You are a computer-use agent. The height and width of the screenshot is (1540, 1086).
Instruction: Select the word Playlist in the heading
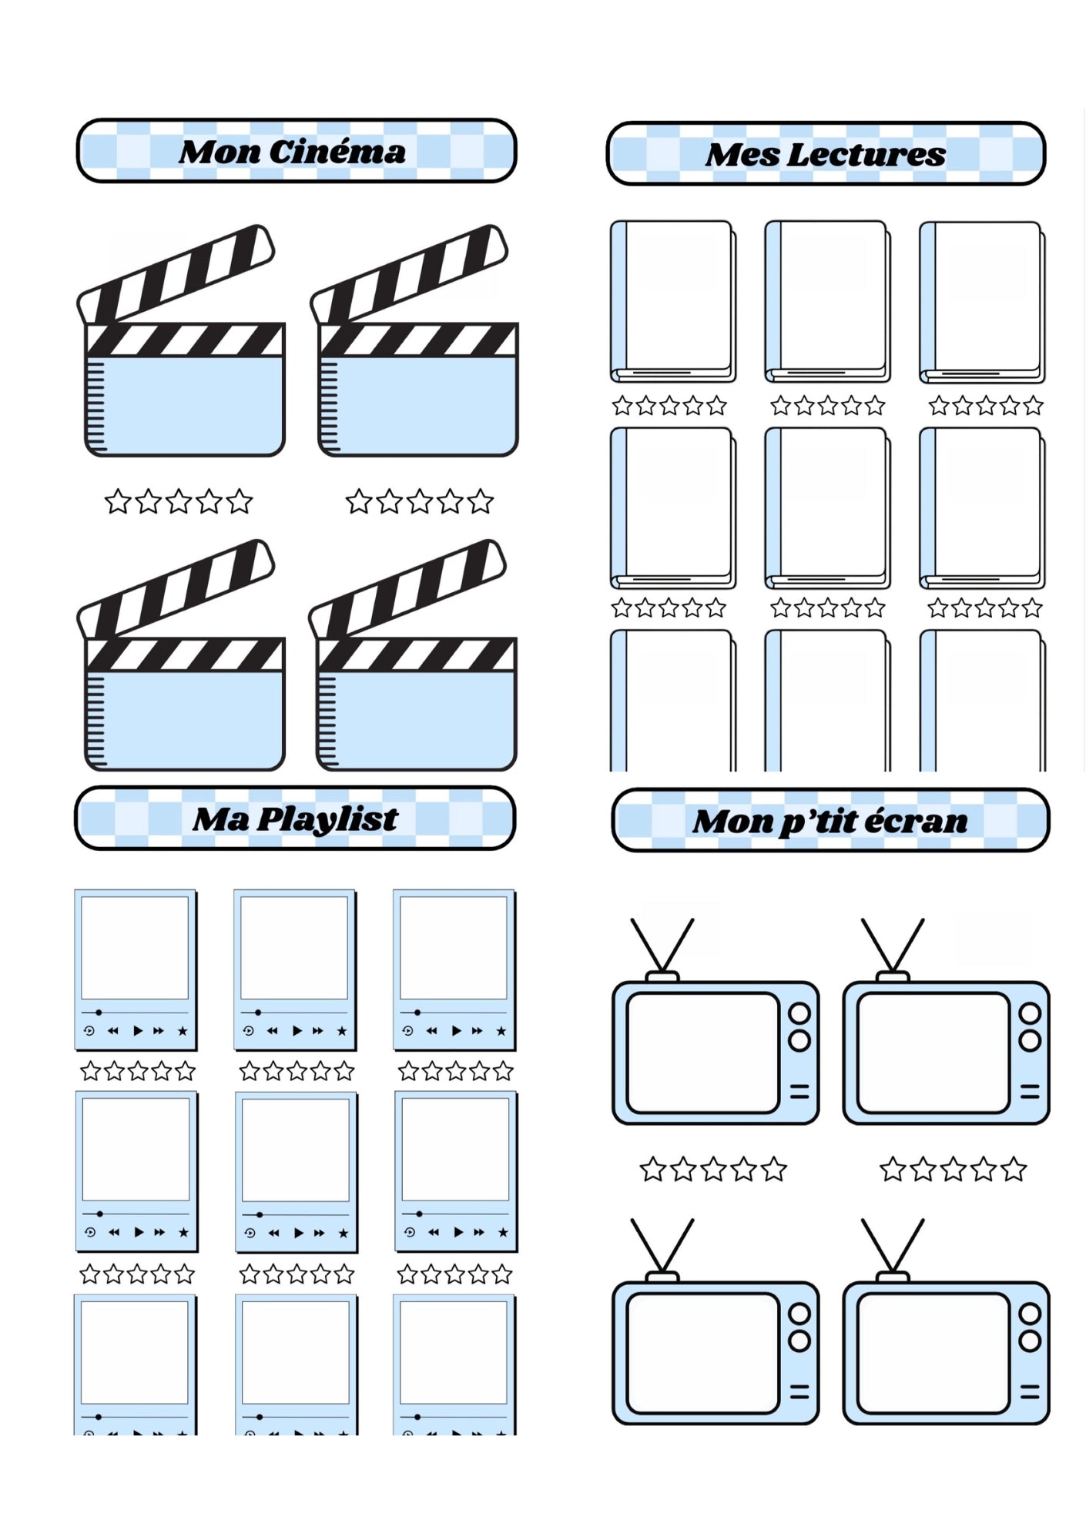[327, 820]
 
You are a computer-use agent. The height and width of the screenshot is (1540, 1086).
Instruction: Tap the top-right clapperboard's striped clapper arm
[409, 273]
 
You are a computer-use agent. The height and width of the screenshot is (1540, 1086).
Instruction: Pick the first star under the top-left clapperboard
[118, 501]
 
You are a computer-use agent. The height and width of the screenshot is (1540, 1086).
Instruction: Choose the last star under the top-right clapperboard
[480, 501]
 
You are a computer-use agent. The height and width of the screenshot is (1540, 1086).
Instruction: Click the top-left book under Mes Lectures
[673, 302]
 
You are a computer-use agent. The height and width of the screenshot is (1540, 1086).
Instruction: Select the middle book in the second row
[827, 508]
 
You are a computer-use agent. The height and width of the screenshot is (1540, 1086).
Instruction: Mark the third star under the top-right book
[986, 405]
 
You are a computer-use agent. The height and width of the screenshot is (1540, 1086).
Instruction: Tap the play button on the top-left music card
[138, 1030]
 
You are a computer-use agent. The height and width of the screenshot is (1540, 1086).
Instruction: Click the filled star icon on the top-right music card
[501, 1031]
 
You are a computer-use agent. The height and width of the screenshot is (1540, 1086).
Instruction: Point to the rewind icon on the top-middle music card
[272, 1031]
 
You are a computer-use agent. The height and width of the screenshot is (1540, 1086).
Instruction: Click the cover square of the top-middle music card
[294, 948]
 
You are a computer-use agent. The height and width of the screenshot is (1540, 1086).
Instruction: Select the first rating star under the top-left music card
[91, 1071]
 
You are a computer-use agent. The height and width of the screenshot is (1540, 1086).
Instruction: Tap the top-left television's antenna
[662, 946]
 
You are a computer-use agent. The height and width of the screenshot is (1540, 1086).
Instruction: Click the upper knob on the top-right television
[1030, 1013]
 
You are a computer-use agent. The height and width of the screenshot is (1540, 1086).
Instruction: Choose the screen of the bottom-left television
[702, 1354]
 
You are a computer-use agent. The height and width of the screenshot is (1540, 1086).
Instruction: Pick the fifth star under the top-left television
[773, 1170]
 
